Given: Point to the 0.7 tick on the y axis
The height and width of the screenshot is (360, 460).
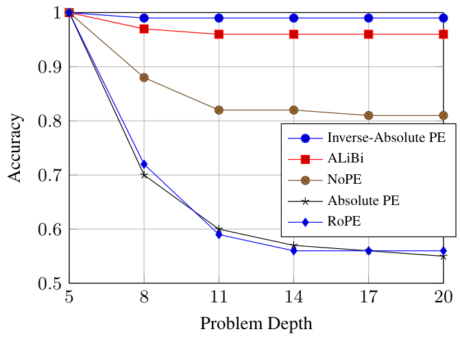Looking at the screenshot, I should (47, 176).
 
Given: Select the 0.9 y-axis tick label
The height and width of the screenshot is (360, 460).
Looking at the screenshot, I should (47, 67).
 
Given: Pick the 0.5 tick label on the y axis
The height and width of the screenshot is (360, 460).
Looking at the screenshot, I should (47, 283).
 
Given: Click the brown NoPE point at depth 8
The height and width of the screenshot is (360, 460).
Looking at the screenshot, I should (144, 77).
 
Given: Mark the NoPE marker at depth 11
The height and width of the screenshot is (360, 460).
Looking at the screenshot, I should (219, 110).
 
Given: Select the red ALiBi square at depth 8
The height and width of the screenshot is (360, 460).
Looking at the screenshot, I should (144, 29).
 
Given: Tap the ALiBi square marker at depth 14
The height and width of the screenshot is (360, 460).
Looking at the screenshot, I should (293, 34).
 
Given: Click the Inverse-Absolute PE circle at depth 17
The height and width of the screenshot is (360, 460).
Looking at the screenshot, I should (369, 18).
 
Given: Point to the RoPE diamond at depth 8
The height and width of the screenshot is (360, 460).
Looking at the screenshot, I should (144, 165).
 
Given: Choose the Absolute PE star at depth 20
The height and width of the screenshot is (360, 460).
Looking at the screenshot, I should (444, 256).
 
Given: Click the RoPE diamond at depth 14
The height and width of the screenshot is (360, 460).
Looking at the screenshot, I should (293, 251).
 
